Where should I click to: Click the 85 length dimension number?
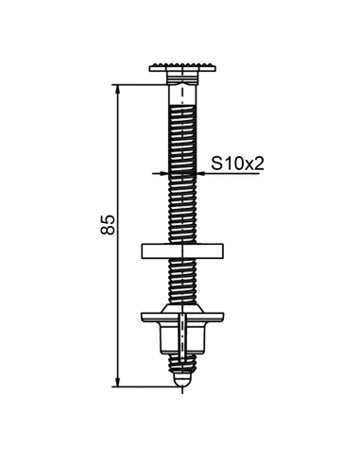(x=109, y=224)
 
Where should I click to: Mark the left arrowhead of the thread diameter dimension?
(x=163, y=174)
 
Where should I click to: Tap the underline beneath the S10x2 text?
(x=231, y=174)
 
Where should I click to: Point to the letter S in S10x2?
(x=214, y=164)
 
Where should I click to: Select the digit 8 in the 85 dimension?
(x=109, y=231)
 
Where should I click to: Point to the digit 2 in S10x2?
(x=257, y=164)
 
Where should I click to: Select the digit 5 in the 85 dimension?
(x=109, y=217)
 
